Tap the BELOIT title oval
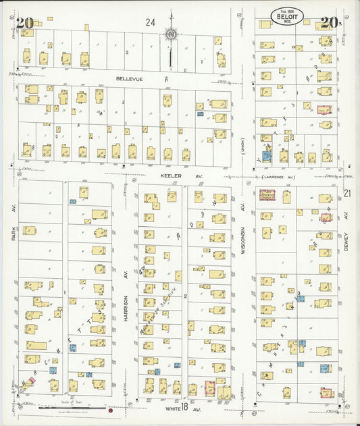tap(288, 16)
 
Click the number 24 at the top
tap(150, 22)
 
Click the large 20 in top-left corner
tap(25, 24)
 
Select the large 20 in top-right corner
tap(329, 23)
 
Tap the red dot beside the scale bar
tap(109, 409)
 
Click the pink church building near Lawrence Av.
tap(268, 195)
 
